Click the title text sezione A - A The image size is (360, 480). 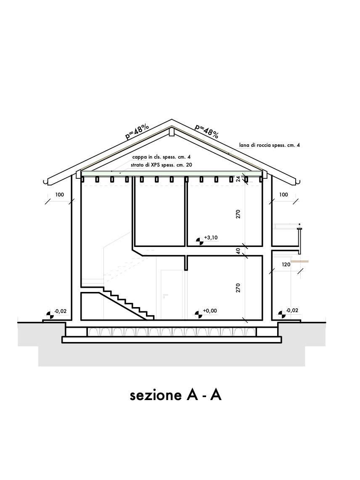[175, 395]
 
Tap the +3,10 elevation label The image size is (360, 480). [211, 238]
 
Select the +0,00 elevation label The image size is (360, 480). [210, 311]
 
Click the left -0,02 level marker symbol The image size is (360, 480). [50, 315]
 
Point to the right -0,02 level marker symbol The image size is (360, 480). [282, 314]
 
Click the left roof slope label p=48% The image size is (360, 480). [137, 132]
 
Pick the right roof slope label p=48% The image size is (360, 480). [207, 131]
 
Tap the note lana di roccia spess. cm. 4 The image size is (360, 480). [270, 146]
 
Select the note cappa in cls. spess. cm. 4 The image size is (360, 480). [161, 157]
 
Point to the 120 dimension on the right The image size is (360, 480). [286, 265]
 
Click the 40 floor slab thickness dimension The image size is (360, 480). [238, 251]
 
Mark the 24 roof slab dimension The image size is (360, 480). [238, 178]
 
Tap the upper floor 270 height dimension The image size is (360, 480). [238, 214]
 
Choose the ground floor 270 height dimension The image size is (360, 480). [238, 288]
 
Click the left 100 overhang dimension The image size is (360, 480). [59, 195]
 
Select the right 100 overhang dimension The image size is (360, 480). [283, 195]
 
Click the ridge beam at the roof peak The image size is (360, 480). [172, 132]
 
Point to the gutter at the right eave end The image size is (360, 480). [298, 182]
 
